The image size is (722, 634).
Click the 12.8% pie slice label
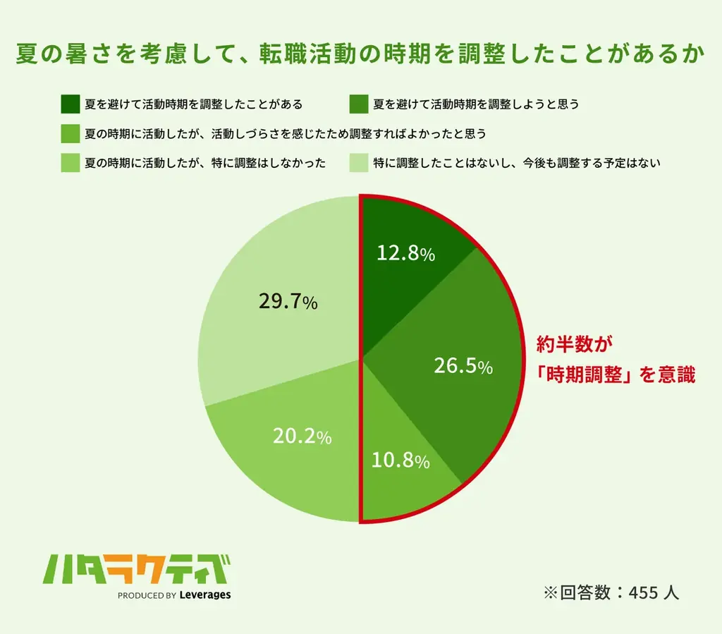(x=405, y=253)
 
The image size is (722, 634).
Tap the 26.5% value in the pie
(x=462, y=366)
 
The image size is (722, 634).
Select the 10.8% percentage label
(x=400, y=461)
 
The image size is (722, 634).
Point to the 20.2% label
(x=302, y=437)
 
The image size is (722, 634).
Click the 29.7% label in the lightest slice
(x=288, y=302)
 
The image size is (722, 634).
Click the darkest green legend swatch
(x=70, y=104)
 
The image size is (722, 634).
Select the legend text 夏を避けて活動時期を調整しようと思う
(x=476, y=104)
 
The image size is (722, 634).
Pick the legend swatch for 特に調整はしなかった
(x=70, y=163)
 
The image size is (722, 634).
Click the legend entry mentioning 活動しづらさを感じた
(x=286, y=133)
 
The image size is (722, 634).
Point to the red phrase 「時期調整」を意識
(x=616, y=375)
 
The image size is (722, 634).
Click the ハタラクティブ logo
(x=137, y=568)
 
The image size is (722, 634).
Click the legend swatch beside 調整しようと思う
(x=358, y=104)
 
